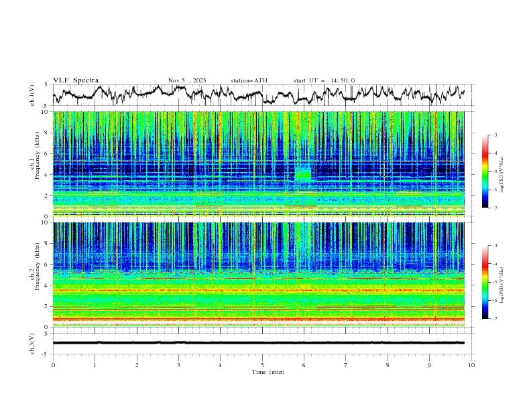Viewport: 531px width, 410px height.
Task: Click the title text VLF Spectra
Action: pyautogui.click(x=76, y=80)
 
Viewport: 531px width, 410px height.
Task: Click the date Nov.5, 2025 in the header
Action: pyautogui.click(x=187, y=80)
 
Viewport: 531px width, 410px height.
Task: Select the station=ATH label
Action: pyautogui.click(x=249, y=80)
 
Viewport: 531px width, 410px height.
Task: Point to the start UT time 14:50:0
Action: pyautogui.click(x=324, y=80)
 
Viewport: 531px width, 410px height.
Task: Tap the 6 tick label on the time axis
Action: pyautogui.click(x=304, y=365)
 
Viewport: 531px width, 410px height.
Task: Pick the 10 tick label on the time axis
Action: pyautogui.click(x=471, y=365)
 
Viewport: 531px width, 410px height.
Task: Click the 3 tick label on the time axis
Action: pyautogui.click(x=178, y=365)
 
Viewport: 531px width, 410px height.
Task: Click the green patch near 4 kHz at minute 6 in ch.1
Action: pyautogui.click(x=303, y=175)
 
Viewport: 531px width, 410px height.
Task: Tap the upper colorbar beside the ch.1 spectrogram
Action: pyautogui.click(x=485, y=171)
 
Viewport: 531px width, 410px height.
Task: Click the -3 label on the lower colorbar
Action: pyautogui.click(x=495, y=246)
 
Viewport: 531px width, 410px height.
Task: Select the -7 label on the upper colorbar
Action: pyautogui.click(x=495, y=208)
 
